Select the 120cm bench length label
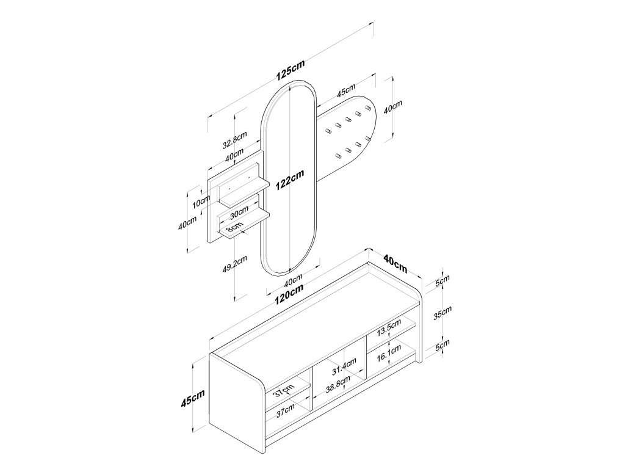[x=289, y=295]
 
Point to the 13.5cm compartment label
[x=389, y=329]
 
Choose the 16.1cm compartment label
[x=389, y=354]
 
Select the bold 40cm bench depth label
[x=396, y=263]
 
